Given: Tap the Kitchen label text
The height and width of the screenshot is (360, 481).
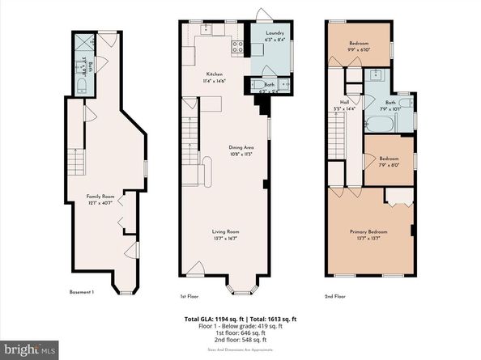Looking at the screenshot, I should tap(214, 74).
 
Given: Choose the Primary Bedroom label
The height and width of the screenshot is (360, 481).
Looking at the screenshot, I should tap(370, 232).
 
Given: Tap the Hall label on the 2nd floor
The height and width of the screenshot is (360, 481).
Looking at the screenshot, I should tap(344, 102).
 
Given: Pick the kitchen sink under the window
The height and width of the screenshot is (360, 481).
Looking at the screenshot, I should tap(206, 29).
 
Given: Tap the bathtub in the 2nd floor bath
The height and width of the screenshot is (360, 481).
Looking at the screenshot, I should tap(379, 124).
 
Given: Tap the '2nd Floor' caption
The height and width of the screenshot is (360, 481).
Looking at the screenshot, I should tap(334, 297).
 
